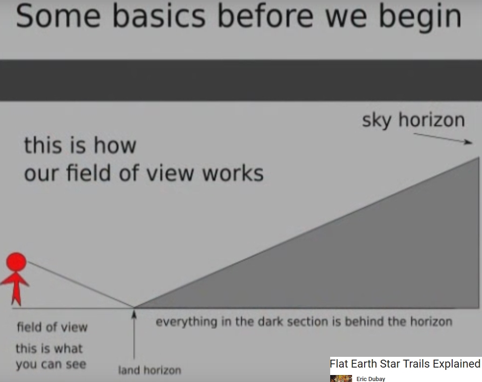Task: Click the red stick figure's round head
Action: click(16, 262)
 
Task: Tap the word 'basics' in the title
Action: click(159, 16)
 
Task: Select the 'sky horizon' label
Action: click(413, 120)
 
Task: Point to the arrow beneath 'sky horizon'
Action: click(443, 138)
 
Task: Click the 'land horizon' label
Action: click(149, 370)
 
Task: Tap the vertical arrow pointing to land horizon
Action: click(134, 334)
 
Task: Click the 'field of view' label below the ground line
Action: click(52, 327)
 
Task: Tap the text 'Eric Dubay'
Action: click(371, 379)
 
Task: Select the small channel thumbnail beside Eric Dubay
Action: click(341, 379)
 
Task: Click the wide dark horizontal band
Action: click(241, 80)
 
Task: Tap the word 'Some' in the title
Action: click(58, 16)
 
